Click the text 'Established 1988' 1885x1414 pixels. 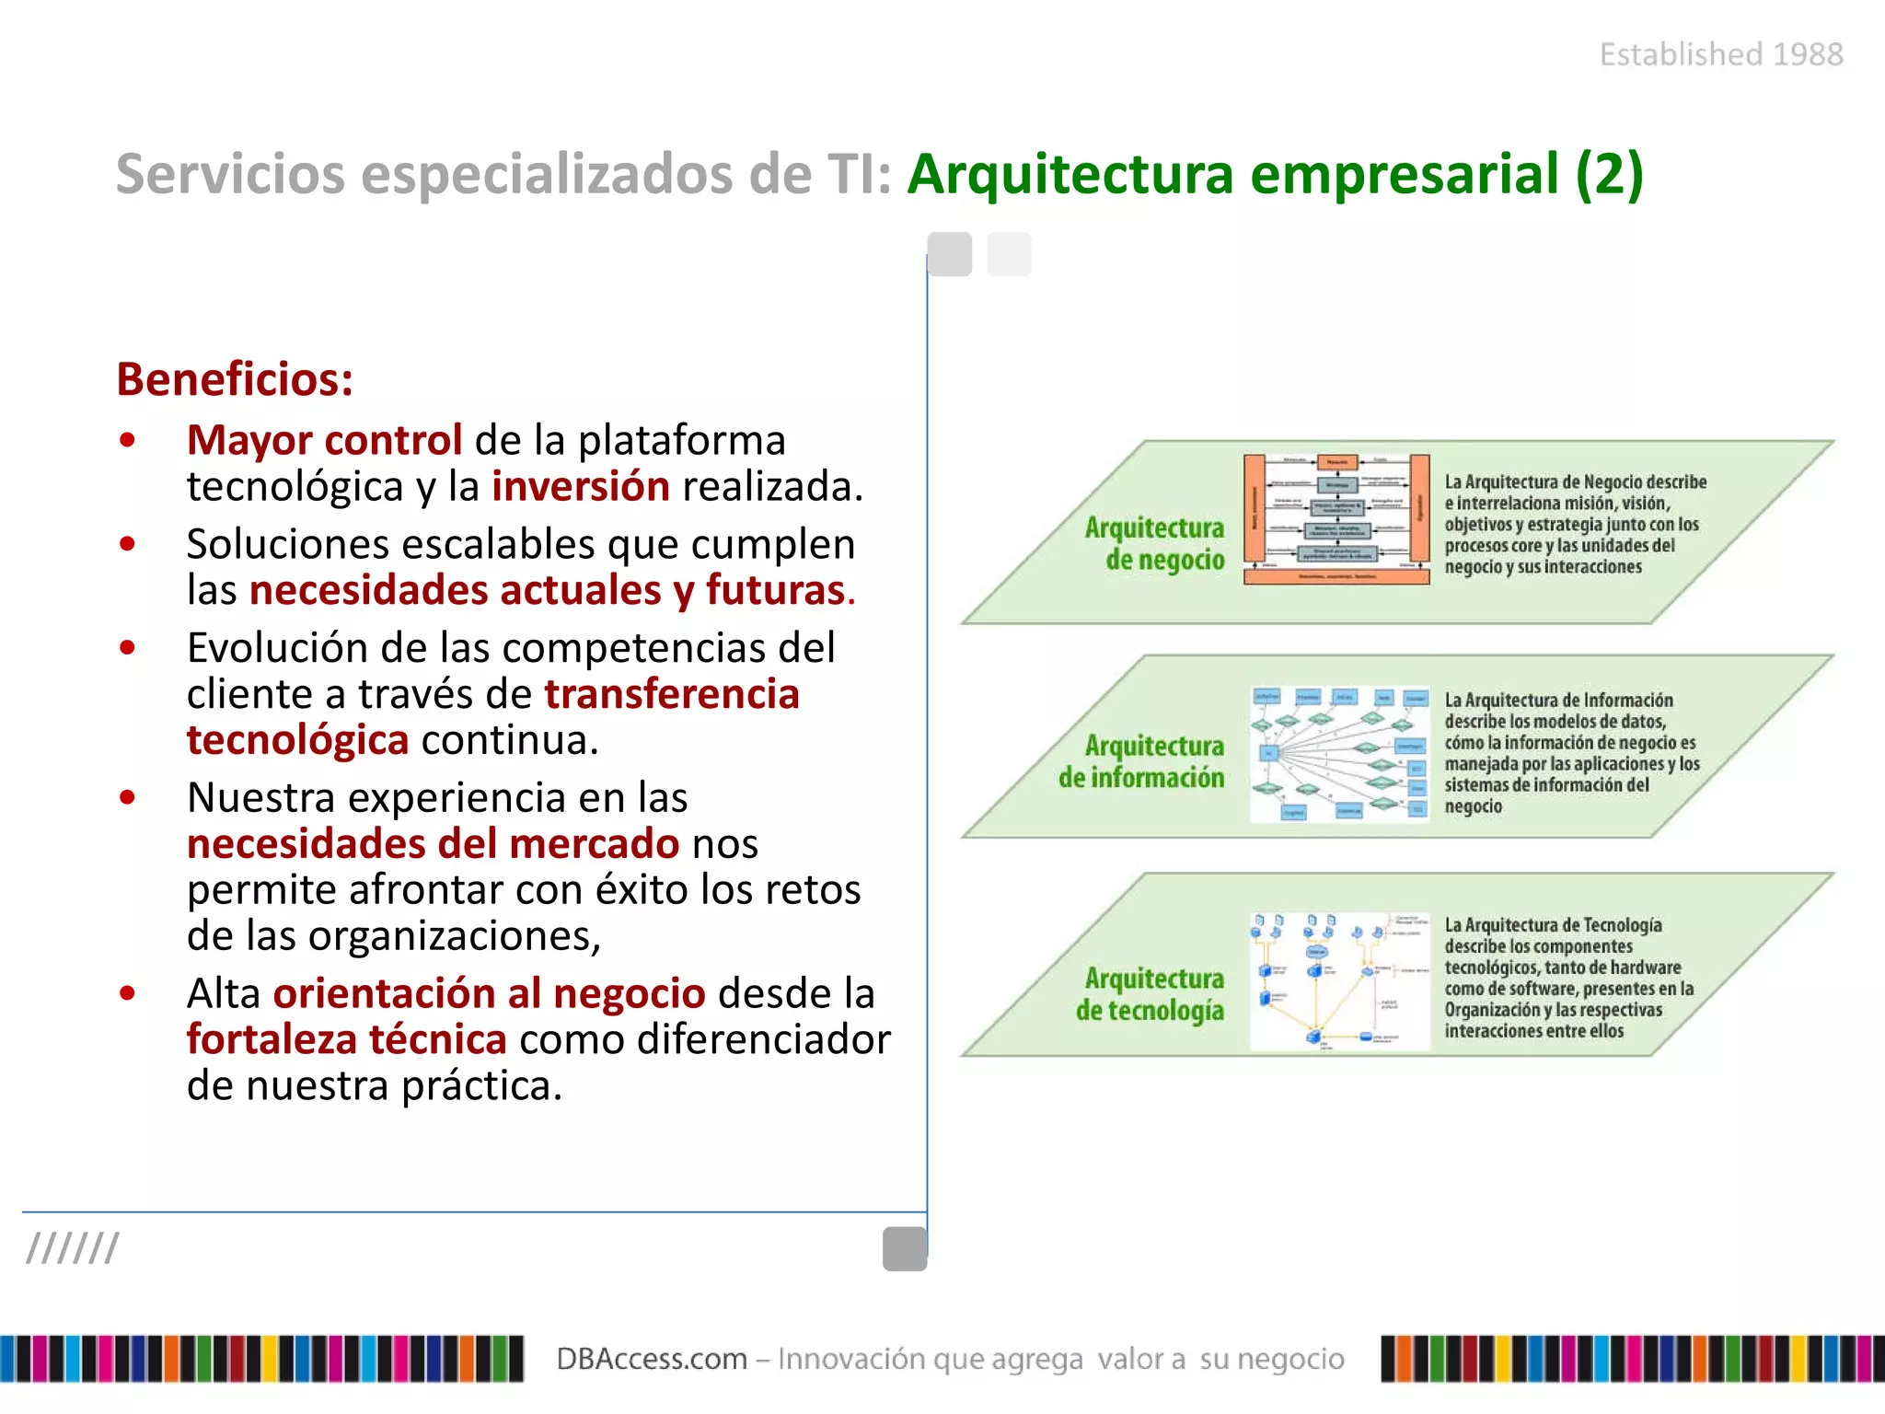[1721, 55]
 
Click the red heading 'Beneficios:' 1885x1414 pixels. [235, 379]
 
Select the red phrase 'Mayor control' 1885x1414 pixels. [324, 440]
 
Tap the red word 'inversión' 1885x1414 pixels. [581, 486]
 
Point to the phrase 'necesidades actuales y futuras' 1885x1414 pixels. [548, 590]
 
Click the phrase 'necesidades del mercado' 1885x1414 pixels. [433, 843]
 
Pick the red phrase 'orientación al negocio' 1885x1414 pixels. [489, 993]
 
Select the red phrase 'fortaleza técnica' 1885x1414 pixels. [346, 1039]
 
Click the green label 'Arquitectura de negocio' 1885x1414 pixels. [1155, 543]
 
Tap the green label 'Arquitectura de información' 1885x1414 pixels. [1142, 761]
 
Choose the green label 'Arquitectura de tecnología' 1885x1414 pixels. [1151, 994]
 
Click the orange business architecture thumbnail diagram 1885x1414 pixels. [1336, 519]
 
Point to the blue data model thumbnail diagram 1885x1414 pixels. [1339, 753]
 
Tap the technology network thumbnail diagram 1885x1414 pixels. [1339, 981]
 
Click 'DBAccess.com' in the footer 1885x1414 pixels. [652, 1359]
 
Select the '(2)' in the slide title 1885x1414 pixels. [1609, 173]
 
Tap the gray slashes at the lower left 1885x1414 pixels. [72, 1248]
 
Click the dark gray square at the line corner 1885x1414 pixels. [905, 1249]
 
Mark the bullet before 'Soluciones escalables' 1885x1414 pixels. [127, 544]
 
